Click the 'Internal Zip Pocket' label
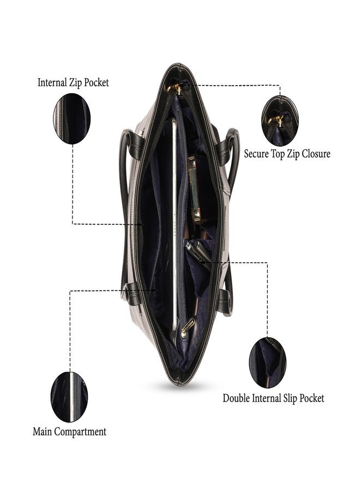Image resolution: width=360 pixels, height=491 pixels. coord(73,83)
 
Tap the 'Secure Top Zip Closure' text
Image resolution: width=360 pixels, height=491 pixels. coord(287,154)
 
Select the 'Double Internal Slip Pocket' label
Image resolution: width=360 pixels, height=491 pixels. coord(273,398)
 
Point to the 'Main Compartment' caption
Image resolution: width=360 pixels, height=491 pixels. coord(69,432)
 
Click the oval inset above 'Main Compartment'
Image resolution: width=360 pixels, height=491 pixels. coord(69,397)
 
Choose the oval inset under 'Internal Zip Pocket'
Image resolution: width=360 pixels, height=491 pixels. coord(72,119)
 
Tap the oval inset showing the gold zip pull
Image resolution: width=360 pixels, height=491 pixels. coord(280,121)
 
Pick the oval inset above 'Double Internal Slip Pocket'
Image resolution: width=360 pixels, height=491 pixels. coord(267,363)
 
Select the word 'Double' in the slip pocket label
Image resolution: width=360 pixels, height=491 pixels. coord(236,398)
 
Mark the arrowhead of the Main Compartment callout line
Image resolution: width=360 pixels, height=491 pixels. coord(155,291)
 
